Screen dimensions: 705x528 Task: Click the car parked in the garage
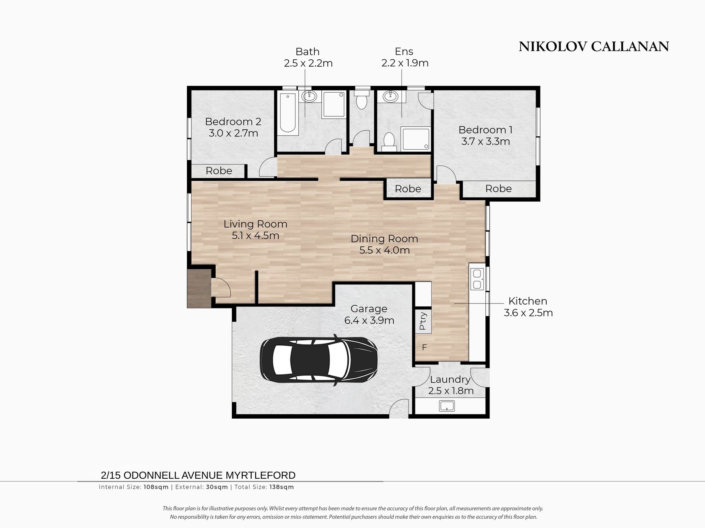point(319,359)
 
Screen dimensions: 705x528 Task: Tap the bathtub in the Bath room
point(288,113)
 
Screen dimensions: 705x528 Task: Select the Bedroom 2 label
point(233,122)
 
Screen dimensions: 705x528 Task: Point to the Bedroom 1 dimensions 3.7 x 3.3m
point(485,141)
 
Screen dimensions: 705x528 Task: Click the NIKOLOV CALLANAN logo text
point(594,47)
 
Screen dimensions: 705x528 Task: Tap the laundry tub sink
point(447,406)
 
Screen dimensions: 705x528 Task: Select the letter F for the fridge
point(424,348)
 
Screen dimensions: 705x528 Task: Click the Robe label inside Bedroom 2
point(219,171)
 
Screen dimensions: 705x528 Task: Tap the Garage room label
point(369,309)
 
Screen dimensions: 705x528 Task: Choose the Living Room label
point(255,224)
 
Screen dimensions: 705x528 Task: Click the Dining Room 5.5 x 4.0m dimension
point(384,250)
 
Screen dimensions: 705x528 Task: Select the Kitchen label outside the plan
point(528,301)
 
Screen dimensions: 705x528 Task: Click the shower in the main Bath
point(334,104)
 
